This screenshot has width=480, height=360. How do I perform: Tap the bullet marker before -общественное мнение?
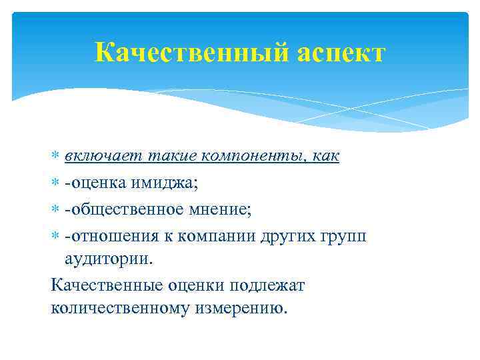pos(55,211)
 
